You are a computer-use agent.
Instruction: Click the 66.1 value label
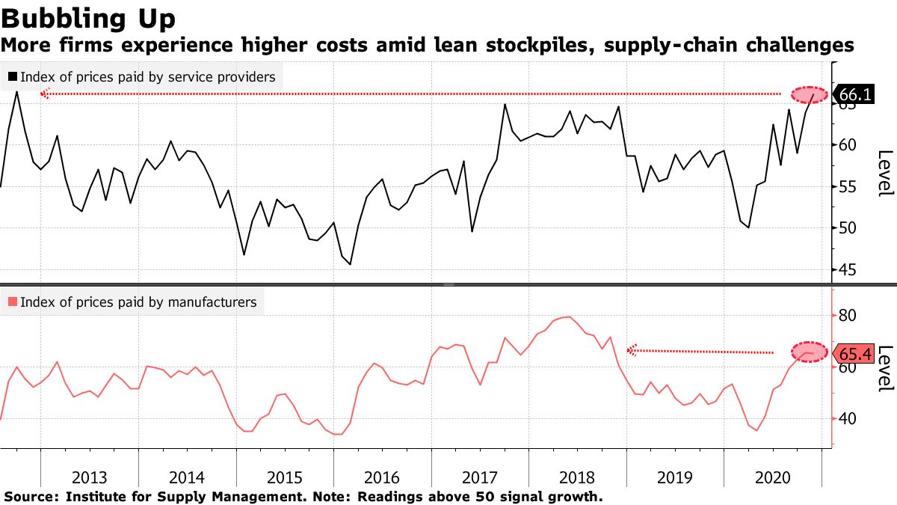(855, 95)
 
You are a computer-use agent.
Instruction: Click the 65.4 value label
(855, 353)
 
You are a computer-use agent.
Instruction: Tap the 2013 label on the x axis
(90, 478)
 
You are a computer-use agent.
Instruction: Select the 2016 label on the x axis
(382, 478)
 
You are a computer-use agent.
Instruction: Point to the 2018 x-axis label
(577, 478)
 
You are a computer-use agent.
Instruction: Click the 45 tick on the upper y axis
(846, 270)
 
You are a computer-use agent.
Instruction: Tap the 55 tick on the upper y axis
(846, 187)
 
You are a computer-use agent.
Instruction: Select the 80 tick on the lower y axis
(846, 316)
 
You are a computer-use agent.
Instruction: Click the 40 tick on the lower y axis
(846, 419)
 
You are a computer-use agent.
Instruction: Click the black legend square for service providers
(12, 76)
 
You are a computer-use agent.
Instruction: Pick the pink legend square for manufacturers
(12, 302)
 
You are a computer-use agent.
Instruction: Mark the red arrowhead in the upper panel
(44, 94)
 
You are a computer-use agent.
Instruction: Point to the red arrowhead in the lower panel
(631, 349)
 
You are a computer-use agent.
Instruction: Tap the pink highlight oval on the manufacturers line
(809, 352)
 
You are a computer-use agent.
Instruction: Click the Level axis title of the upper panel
(885, 173)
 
